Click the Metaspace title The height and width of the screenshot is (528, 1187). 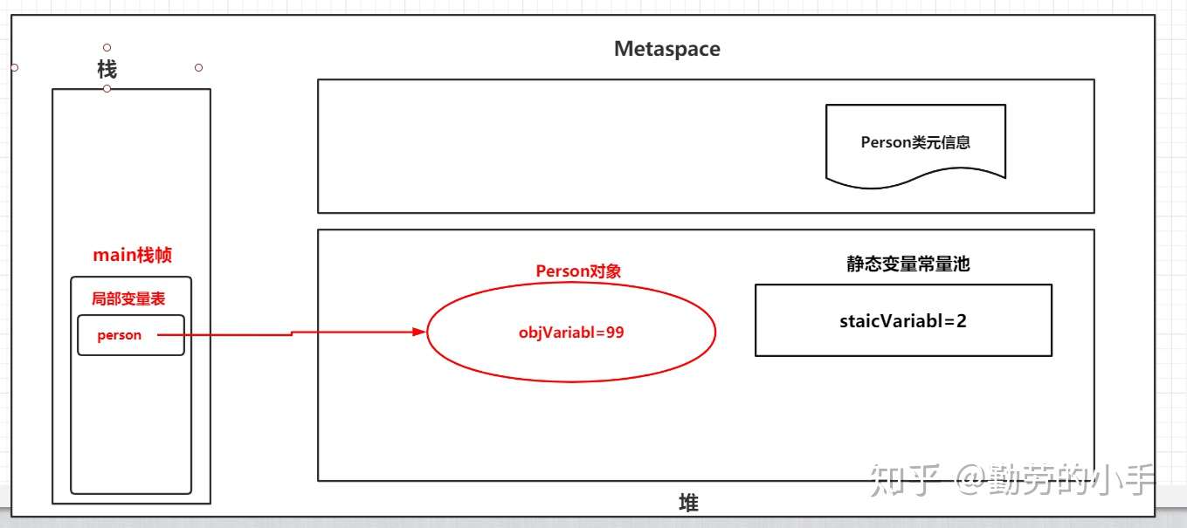coord(666,49)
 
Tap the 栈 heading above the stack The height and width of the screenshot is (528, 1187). coord(107,69)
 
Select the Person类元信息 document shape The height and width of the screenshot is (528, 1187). coord(914,142)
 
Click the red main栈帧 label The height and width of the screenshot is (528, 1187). coord(132,255)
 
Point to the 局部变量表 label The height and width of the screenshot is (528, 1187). coord(128,298)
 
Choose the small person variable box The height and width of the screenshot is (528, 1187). coord(130,335)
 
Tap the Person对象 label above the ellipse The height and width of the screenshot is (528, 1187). coord(578,271)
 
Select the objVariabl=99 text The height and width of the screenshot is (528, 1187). coord(571,333)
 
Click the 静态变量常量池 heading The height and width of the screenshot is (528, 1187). coord(908,265)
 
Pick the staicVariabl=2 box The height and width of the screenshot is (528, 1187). coord(903,320)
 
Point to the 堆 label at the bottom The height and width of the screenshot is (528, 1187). coord(688,503)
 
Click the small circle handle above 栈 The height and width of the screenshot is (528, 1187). coord(107,47)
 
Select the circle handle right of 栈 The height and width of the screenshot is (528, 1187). coord(198,67)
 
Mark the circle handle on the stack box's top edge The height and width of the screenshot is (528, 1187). coord(107,88)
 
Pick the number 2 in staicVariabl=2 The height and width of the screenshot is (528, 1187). coord(961,320)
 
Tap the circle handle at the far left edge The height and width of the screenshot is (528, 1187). coord(14,67)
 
